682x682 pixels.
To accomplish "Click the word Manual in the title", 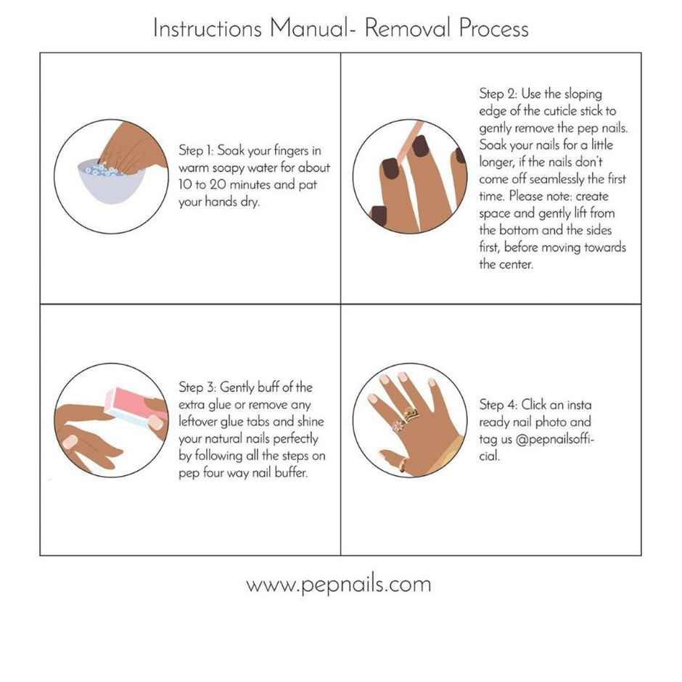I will point(308,28).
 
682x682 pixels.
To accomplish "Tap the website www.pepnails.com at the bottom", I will point(338,584).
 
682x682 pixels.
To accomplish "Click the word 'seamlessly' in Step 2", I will point(566,179).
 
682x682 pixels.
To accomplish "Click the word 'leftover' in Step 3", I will point(199,422).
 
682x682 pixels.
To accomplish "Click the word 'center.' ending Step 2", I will point(515,264).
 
